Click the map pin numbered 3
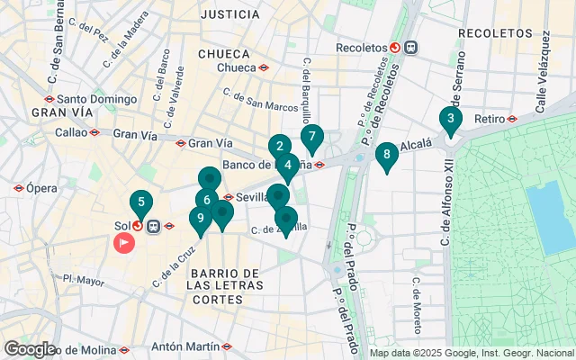click(450, 119)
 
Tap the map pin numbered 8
click(386, 155)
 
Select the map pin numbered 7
click(311, 138)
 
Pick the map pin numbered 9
click(200, 218)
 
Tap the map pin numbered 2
click(279, 147)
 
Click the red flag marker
click(123, 241)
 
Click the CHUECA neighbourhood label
click(222, 53)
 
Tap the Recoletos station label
click(360, 48)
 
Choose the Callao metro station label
click(69, 131)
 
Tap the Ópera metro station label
click(41, 188)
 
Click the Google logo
click(29, 348)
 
